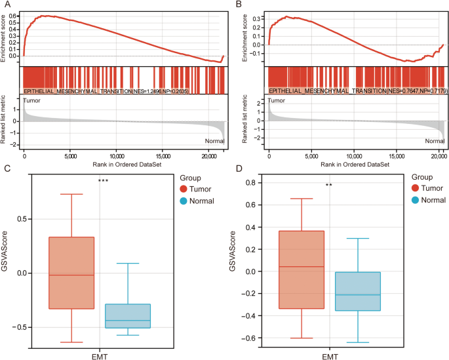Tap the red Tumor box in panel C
coord(71,273)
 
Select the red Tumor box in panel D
coord(302,270)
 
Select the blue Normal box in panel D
coord(357,291)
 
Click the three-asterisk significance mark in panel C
coord(102,181)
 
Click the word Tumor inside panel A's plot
coord(31,101)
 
